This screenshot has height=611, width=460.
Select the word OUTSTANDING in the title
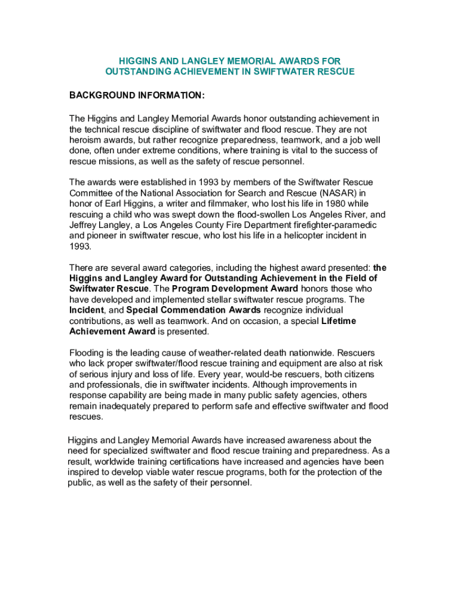click(x=134, y=72)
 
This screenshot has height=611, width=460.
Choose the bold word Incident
click(x=87, y=310)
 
